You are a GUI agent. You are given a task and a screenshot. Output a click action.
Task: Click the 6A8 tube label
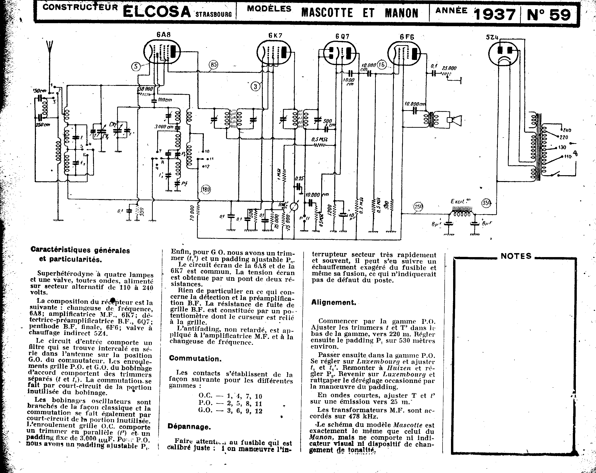[163, 35]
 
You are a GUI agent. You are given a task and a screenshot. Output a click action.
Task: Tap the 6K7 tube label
[275, 36]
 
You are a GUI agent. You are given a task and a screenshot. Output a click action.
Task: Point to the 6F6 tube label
[407, 37]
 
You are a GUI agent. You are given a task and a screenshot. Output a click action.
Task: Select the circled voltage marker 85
[213, 65]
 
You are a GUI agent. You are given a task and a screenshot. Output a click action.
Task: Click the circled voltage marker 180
[206, 189]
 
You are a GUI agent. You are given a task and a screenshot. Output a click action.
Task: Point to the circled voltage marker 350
[487, 203]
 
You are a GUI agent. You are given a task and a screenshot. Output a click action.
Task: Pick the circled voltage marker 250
[418, 207]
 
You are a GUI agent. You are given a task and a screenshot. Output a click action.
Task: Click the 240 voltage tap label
[567, 130]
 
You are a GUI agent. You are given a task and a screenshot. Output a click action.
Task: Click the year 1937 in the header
[495, 14]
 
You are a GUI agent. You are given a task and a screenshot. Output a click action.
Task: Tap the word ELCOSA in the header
[157, 12]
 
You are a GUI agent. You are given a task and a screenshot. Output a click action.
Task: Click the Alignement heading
[333, 302]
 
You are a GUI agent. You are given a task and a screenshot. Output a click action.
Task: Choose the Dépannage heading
[189, 427]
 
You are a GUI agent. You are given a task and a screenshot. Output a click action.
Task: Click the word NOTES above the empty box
[516, 256]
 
